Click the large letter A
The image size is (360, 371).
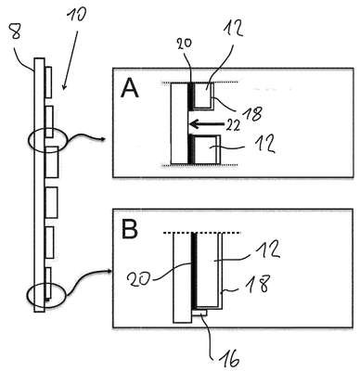coord(130,87)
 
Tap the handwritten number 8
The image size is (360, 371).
coord(16,31)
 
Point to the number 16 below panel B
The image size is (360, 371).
coord(228,360)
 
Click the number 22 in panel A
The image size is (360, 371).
coord(233,125)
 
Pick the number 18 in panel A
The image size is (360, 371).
coord(252,113)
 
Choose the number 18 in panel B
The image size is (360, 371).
coord(259,284)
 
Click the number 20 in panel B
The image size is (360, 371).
coord(138,280)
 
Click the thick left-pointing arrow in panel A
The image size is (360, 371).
coord(206,124)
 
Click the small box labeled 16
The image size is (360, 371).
coord(199,313)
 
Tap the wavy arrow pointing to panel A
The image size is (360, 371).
coord(84,138)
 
